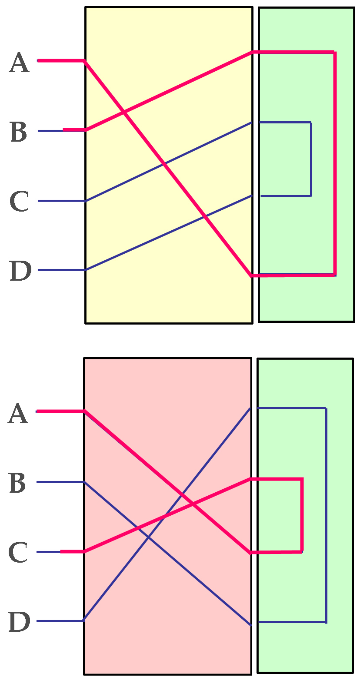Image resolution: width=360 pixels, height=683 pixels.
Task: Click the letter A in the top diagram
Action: click(x=19, y=63)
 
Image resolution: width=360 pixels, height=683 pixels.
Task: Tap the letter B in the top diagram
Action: click(x=19, y=133)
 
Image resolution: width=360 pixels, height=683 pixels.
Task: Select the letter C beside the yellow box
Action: click(x=19, y=202)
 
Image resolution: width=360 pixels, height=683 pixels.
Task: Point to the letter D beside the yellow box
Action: click(x=20, y=271)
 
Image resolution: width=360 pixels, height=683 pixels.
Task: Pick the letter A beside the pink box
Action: click(x=18, y=414)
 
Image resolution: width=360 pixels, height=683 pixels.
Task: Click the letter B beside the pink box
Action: click(x=17, y=484)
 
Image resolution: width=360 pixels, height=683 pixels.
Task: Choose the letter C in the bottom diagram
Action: click(x=18, y=553)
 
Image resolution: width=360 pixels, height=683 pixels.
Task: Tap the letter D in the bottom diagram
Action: click(x=19, y=622)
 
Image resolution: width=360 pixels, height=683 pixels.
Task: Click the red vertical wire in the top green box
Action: click(x=335, y=163)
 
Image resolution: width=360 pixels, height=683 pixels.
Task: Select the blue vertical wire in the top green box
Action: click(x=311, y=159)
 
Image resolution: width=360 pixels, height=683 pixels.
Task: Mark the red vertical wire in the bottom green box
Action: click(x=302, y=515)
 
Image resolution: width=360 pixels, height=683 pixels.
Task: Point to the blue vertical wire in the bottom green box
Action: click(x=326, y=515)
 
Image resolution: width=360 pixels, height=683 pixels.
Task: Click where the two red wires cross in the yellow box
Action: click(x=124, y=113)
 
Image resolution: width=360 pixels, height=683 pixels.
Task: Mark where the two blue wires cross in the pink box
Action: click(x=148, y=537)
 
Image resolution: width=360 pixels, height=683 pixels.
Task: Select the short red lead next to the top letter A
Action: click(x=61, y=61)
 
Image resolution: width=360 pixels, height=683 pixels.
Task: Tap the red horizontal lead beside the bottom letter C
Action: click(x=72, y=551)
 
